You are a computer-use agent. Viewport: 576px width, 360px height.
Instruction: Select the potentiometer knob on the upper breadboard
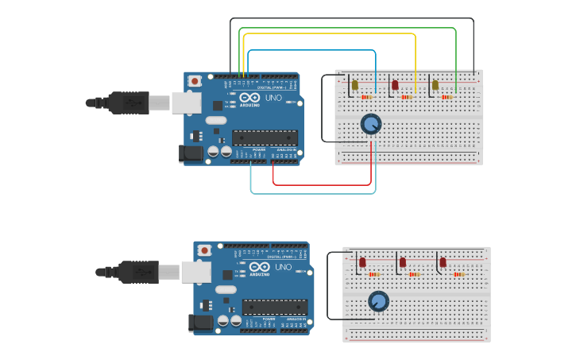[x=370, y=124]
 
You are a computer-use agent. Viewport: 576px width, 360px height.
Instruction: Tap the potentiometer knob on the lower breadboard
[x=379, y=301]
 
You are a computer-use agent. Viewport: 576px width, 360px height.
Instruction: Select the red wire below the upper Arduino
[x=322, y=184]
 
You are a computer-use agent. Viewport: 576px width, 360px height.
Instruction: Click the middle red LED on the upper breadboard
[x=395, y=85]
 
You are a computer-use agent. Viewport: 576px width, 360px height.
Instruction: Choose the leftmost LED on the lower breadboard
[x=362, y=261]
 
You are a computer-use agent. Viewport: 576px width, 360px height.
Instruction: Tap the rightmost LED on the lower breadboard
[x=443, y=261]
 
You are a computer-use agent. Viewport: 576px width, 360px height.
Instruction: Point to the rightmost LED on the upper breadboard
[x=435, y=85]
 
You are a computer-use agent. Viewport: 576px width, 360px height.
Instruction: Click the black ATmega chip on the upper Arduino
[x=265, y=137]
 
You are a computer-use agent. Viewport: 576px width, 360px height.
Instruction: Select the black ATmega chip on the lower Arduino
[x=275, y=307]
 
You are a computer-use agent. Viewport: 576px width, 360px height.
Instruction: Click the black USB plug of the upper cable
[x=127, y=103]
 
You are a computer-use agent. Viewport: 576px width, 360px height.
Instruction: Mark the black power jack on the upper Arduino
[x=192, y=154]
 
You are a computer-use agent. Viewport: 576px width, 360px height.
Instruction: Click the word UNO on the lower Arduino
[x=283, y=267]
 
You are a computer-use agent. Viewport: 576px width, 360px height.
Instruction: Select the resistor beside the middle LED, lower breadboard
[x=414, y=274]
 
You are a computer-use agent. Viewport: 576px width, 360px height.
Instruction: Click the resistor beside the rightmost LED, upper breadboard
[x=447, y=97]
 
